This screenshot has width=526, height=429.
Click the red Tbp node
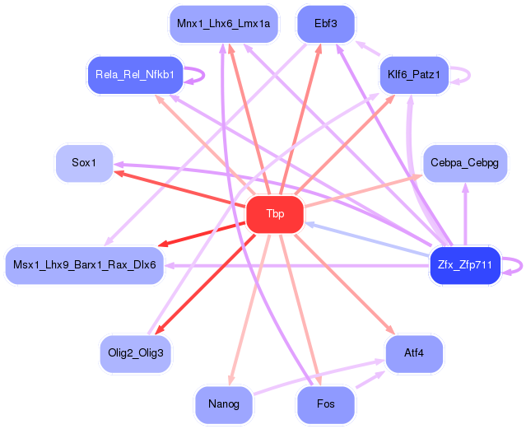coord(275,214)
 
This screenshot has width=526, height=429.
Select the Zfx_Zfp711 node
coord(465,265)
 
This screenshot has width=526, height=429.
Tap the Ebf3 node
coord(326,24)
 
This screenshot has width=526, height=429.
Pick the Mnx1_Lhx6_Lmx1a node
coord(223,24)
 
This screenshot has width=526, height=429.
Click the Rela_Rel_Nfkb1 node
coord(135,75)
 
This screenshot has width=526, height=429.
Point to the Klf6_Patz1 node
coord(414,75)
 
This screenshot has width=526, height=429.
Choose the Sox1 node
coord(84,163)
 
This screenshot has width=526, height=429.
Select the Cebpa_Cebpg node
coord(465,163)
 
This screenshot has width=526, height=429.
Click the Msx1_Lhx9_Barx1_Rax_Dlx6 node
coord(85,265)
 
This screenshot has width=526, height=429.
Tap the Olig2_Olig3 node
coord(136,353)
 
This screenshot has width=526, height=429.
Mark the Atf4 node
coord(414,353)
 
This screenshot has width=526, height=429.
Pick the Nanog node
coord(224,404)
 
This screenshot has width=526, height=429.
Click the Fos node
coord(326,404)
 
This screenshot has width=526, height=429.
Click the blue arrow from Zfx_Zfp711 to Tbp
coord(368,239)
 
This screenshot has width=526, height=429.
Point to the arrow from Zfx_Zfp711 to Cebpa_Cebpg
coord(465,214)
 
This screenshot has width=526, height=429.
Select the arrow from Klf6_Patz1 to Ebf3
coord(367,48)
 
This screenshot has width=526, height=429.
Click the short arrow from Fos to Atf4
coord(370,380)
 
